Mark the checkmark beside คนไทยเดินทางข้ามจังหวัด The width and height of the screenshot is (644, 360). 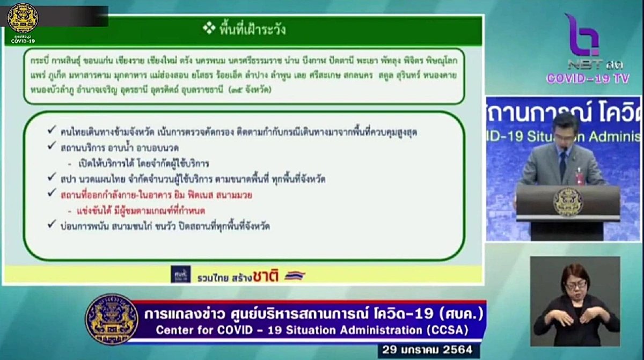(51, 131)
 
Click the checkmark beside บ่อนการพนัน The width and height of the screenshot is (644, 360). (51, 225)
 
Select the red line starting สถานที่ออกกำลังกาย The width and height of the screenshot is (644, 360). (156, 195)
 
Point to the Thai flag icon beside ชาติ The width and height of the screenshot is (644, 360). (295, 275)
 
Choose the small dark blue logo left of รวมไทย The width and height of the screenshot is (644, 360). (180, 274)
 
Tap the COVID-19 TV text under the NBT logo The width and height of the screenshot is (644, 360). (587, 78)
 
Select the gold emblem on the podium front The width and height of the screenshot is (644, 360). (568, 202)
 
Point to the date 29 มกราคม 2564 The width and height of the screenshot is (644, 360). (427, 350)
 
